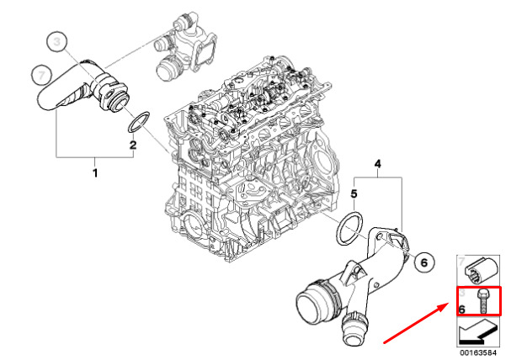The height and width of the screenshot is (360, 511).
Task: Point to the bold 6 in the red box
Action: (463, 308)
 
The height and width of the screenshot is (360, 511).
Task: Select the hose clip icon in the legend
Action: (483, 268)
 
